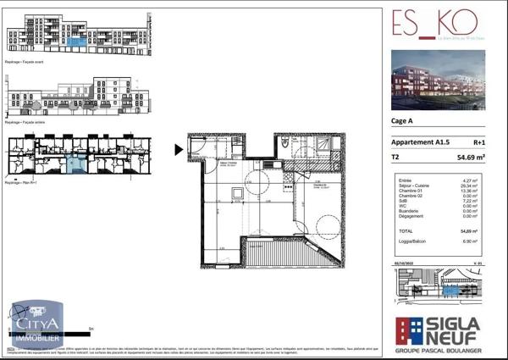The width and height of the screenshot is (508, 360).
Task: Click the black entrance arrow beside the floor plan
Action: tap(179, 151)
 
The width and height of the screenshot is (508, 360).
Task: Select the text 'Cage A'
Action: tap(402, 121)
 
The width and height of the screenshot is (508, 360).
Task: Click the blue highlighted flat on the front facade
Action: tap(76, 41)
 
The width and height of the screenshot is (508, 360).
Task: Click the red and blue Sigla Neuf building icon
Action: tap(409, 331)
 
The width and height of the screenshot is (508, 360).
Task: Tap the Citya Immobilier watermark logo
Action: tap(36, 324)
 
